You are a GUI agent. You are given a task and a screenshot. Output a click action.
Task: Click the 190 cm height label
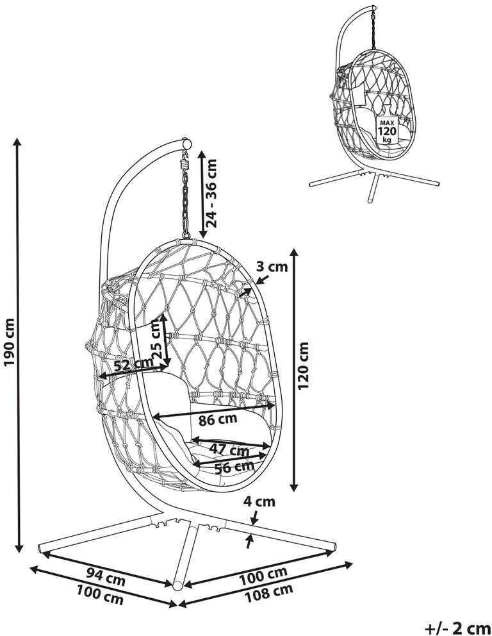(x=10, y=343)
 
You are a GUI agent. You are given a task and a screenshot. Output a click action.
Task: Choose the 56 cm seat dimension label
(x=232, y=467)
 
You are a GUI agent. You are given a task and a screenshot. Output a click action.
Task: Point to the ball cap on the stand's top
(x=186, y=143)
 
